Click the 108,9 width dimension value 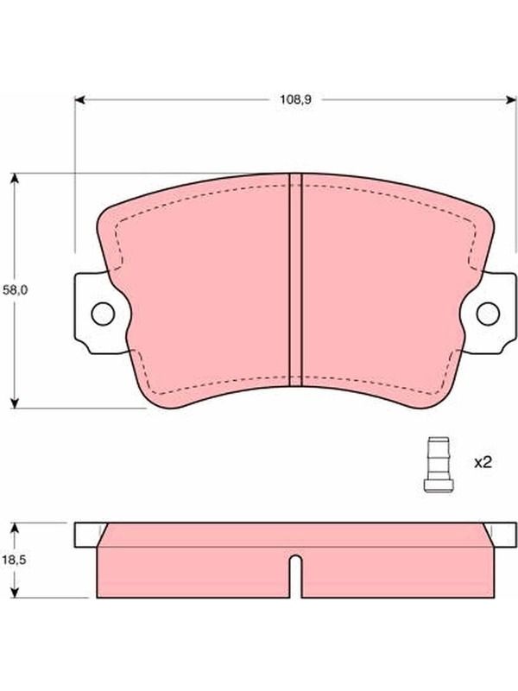(295, 99)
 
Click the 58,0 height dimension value (15, 290)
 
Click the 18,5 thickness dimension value (15, 560)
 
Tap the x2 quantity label (483, 462)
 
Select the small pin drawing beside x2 (439, 465)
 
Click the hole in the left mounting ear (103, 314)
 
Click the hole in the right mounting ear (488, 314)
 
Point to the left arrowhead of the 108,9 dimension (79, 100)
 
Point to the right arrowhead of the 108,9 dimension (511, 100)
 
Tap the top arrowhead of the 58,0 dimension (15, 178)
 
